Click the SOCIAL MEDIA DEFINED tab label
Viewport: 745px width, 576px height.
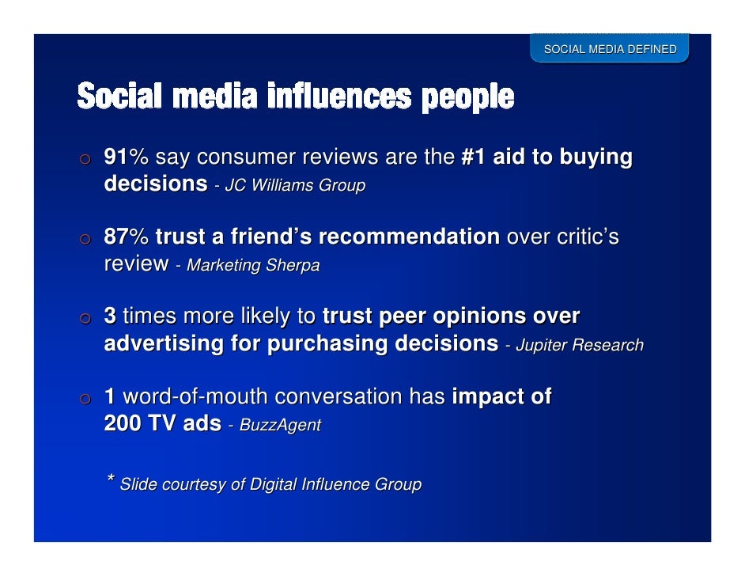click(x=609, y=50)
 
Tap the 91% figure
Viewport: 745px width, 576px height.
click(x=127, y=157)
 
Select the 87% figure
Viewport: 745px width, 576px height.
click(x=127, y=237)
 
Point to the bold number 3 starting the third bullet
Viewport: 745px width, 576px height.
click(x=111, y=316)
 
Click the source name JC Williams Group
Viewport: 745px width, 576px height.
click(x=295, y=187)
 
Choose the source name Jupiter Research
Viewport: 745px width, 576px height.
click(x=579, y=346)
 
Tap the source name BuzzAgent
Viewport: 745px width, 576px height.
click(x=280, y=426)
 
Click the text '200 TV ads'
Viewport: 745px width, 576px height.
click(x=162, y=423)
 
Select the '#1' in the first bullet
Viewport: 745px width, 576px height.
click(x=473, y=157)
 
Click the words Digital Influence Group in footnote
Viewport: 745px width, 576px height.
click(x=335, y=484)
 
